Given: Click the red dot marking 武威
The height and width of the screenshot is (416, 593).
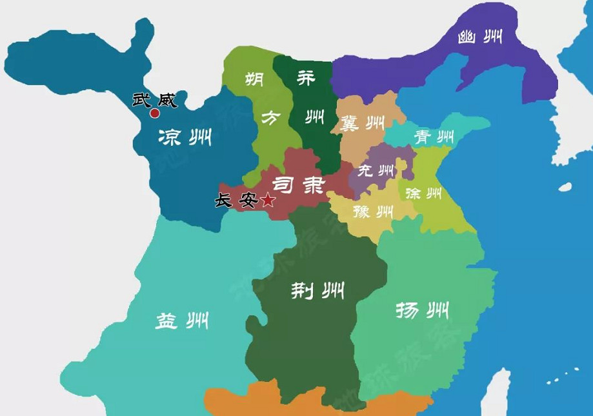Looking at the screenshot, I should pyautogui.click(x=155, y=114).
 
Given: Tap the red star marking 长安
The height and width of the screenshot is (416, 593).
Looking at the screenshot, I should pyautogui.click(x=268, y=201).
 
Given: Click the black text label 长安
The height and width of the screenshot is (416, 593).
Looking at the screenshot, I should pyautogui.click(x=236, y=201).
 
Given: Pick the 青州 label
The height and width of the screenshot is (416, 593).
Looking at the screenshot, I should pyautogui.click(x=434, y=137).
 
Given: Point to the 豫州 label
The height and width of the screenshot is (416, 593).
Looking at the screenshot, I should pyautogui.click(x=374, y=210).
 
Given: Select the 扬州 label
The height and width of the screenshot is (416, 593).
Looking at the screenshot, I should pyautogui.click(x=422, y=312).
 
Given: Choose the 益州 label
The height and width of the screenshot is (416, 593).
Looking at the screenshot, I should pyautogui.click(x=181, y=320).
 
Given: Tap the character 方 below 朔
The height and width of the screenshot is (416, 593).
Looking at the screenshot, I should pyautogui.click(x=270, y=117).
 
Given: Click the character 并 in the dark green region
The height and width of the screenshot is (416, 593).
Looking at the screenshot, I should pyautogui.click(x=307, y=78).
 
